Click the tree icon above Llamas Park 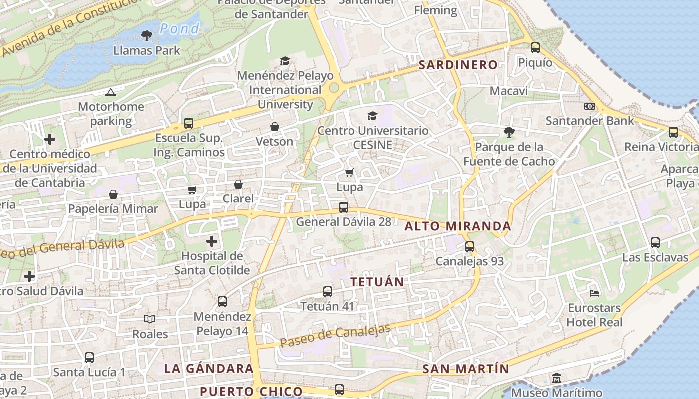click(146, 35)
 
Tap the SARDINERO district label click(458, 65)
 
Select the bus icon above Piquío click(535, 48)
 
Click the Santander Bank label click(590, 120)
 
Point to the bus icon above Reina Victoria click(673, 132)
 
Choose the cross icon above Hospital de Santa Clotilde click(212, 242)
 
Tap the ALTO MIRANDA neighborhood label click(458, 226)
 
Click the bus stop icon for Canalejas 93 click(469, 246)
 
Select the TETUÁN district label click(377, 282)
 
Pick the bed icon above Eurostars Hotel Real click(594, 293)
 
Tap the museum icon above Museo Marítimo click(557, 378)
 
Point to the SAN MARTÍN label click(466, 369)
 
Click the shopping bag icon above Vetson click(274, 127)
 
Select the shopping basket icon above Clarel click(238, 184)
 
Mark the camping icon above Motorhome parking click(110, 92)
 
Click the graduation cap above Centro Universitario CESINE click(372, 116)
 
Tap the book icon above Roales click(150, 319)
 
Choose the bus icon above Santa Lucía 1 click(89, 357)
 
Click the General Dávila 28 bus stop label click(344, 222)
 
